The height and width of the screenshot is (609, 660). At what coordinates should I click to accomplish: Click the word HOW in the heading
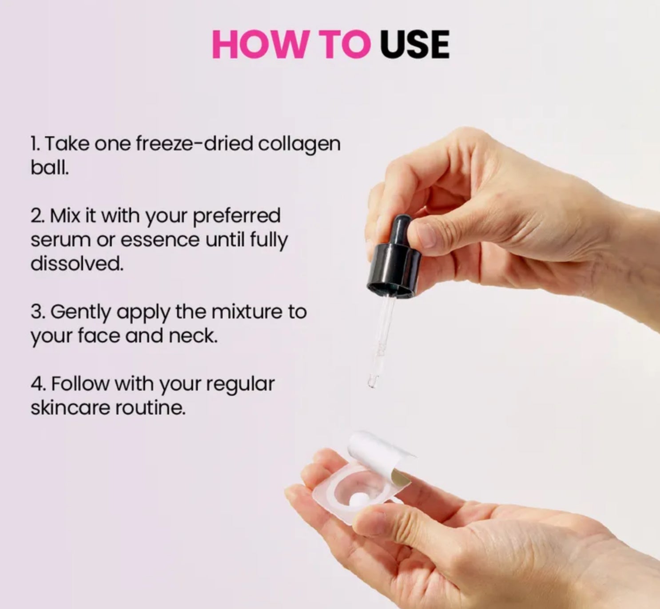[259, 44]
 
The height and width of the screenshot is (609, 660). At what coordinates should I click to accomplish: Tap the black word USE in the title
[415, 44]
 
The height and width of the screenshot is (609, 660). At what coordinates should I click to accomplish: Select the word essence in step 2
[160, 240]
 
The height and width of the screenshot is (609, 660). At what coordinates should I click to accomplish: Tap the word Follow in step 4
[80, 384]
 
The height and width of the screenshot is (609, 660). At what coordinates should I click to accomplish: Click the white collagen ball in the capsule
[358, 499]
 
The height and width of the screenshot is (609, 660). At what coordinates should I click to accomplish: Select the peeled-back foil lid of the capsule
[382, 455]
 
